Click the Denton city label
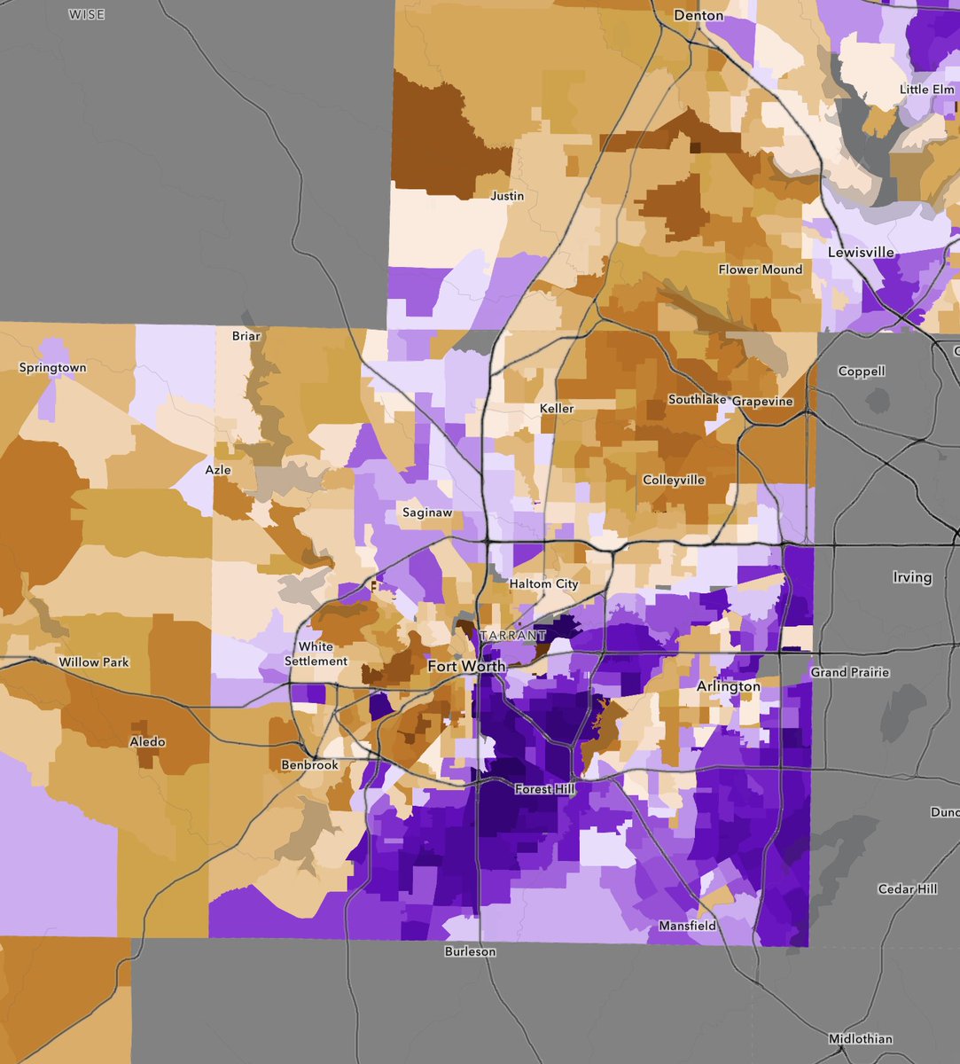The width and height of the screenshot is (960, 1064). pos(699,16)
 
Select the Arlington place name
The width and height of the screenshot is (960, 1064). pos(729,686)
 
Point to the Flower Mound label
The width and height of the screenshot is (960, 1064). pos(761,270)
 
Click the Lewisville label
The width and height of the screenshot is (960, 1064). pos(861,252)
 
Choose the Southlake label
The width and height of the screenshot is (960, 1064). pos(698,400)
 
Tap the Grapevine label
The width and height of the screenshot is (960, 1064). pos(762,402)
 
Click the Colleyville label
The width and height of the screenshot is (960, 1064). pos(674,481)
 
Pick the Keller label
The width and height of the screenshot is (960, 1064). pos(557,409)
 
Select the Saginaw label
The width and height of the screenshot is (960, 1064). pos(427,512)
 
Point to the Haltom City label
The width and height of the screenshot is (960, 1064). pos(543,584)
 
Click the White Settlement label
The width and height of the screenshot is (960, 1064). pos(316,653)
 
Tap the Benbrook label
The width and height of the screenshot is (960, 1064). pos(309,765)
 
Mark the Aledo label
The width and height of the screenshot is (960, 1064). pos(147,742)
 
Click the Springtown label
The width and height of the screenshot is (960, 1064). pos(53,368)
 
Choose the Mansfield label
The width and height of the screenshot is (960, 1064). pos(688,927)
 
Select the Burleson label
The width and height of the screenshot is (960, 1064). pos(470,951)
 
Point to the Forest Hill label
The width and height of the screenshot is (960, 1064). pos(544,789)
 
